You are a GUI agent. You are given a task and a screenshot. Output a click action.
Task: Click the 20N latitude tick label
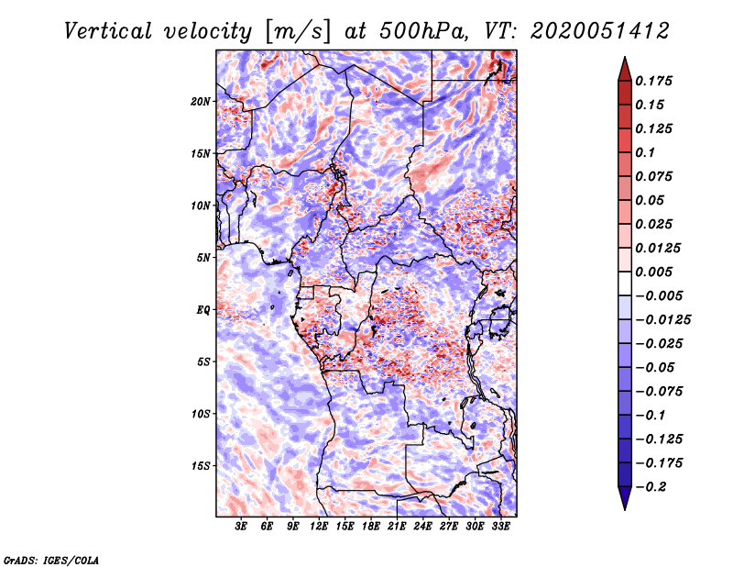pyautogui.click(x=201, y=101)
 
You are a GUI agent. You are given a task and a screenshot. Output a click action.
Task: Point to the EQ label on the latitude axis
pyautogui.click(x=203, y=309)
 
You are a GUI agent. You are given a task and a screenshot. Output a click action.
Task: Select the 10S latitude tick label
pyautogui.click(x=201, y=414)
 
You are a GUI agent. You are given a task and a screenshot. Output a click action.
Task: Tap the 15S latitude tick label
pyautogui.click(x=201, y=466)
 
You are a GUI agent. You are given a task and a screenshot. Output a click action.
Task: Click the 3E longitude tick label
pyautogui.click(x=242, y=527)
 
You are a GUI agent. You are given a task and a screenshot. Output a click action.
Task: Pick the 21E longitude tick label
pyautogui.click(x=397, y=527)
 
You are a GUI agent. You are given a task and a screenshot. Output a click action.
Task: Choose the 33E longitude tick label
pyautogui.click(x=500, y=527)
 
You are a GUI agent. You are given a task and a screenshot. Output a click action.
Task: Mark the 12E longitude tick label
pyautogui.click(x=319, y=527)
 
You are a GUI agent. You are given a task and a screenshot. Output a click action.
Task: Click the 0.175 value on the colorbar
pyautogui.click(x=657, y=81)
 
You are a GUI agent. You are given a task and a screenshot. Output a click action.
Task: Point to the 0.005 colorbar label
pyautogui.click(x=657, y=272)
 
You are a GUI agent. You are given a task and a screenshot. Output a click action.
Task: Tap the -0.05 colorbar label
pyautogui.click(x=656, y=368)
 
